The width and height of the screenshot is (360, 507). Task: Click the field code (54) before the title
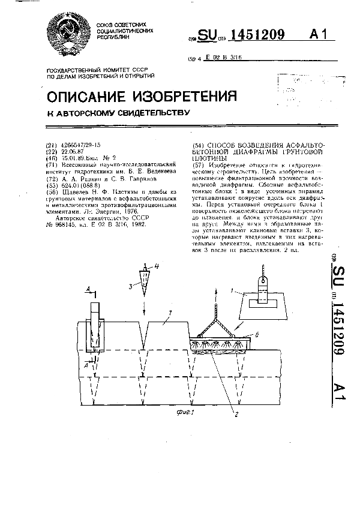197,146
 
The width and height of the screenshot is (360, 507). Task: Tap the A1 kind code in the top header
320,35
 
